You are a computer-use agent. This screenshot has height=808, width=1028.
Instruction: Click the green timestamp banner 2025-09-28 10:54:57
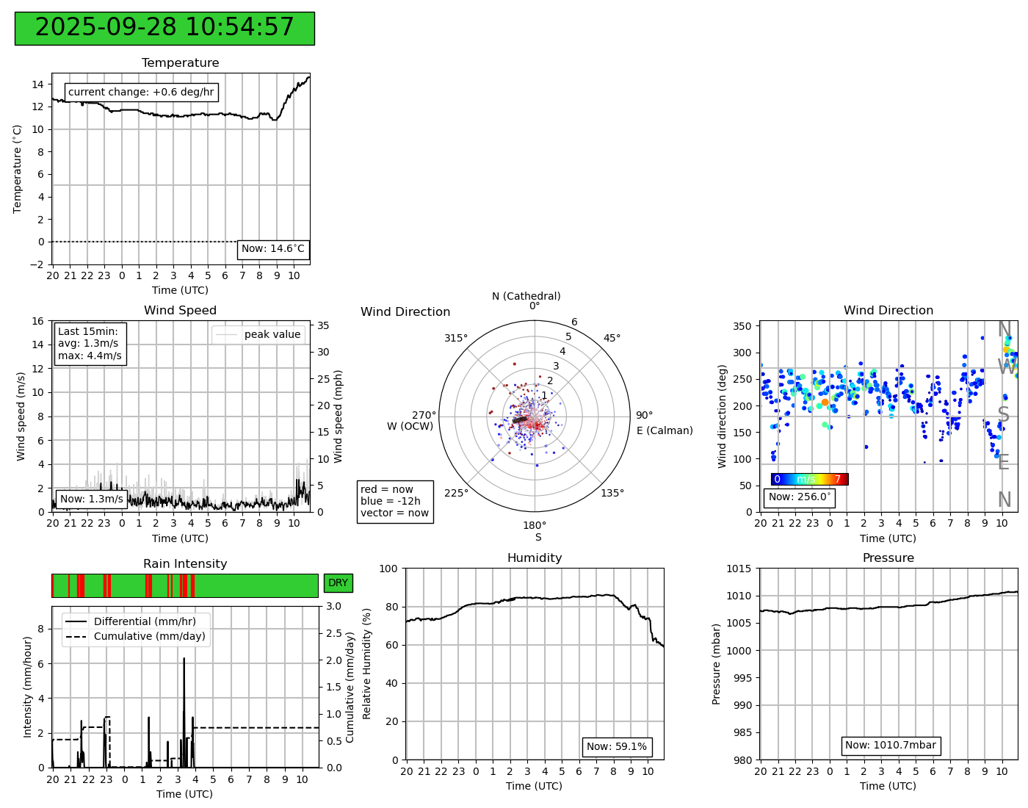tap(164, 28)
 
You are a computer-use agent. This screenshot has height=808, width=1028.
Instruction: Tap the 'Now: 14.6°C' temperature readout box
tap(273, 249)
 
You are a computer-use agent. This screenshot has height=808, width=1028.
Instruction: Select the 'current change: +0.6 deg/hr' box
tap(141, 93)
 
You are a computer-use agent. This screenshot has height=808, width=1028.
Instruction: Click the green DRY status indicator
tap(338, 583)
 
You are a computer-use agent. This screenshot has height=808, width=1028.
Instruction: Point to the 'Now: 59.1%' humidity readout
tap(617, 747)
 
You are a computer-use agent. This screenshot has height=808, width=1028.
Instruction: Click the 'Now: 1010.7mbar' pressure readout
tap(890, 746)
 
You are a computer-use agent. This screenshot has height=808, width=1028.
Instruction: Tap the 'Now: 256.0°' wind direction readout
tap(800, 497)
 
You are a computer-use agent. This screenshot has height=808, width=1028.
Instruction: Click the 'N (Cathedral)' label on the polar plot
tap(526, 297)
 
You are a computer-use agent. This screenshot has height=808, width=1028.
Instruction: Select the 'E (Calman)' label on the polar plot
tap(665, 431)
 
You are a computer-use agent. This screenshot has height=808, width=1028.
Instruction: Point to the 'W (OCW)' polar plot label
tap(410, 427)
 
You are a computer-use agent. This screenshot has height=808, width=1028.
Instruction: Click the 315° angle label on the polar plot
tap(455, 339)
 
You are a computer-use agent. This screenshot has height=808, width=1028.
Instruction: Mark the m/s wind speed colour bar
tap(809, 480)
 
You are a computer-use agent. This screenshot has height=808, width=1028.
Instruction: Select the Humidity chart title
tap(535, 558)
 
